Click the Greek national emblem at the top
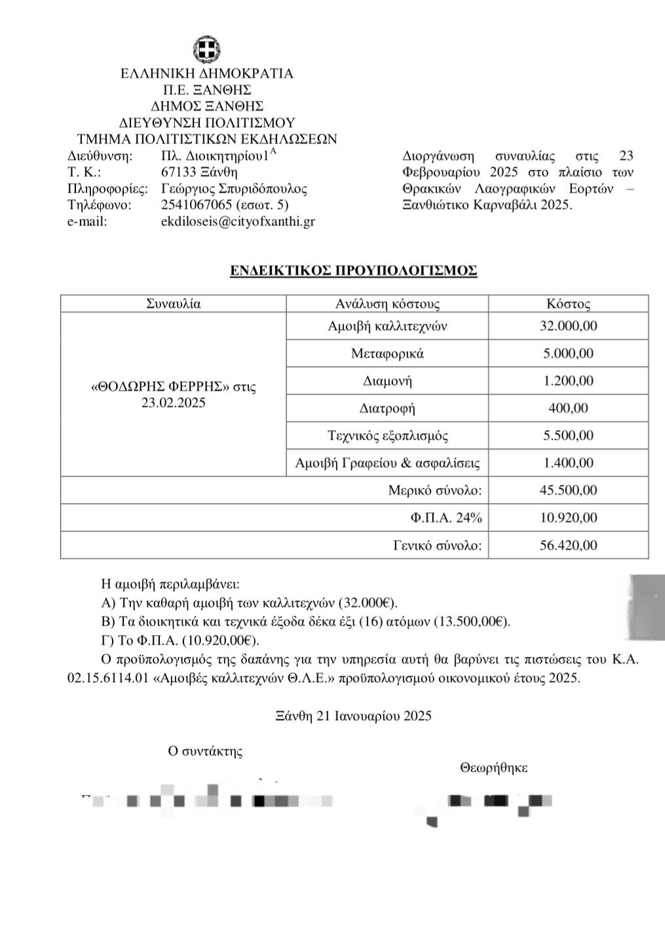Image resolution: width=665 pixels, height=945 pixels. [207, 49]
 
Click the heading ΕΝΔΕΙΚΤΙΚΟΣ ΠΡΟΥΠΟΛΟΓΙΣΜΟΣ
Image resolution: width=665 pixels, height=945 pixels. [353, 271]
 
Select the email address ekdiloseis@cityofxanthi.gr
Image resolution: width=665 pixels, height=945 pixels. [238, 222]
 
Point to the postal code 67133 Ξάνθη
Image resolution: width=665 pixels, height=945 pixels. [199, 172]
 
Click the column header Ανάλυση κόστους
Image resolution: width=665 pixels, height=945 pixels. [387, 304]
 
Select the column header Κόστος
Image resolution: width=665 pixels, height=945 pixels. [568, 304]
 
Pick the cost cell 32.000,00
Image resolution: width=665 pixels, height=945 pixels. [568, 326]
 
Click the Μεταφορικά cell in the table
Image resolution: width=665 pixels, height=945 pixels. [387, 354]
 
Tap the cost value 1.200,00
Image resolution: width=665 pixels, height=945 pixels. [568, 381]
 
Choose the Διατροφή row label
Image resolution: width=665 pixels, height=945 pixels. [387, 408]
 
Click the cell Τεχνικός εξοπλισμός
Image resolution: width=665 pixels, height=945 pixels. [387, 436]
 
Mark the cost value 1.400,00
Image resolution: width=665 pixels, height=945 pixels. [568, 463]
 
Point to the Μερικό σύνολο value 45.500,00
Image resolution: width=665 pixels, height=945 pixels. [568, 490]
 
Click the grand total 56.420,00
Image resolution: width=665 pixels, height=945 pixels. [568, 545]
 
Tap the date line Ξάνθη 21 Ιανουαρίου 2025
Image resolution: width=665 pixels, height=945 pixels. [354, 716]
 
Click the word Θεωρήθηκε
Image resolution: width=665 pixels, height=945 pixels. [493, 768]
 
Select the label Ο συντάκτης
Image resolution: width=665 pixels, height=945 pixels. [205, 751]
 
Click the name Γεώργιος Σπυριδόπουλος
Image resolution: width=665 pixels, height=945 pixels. [234, 189]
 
